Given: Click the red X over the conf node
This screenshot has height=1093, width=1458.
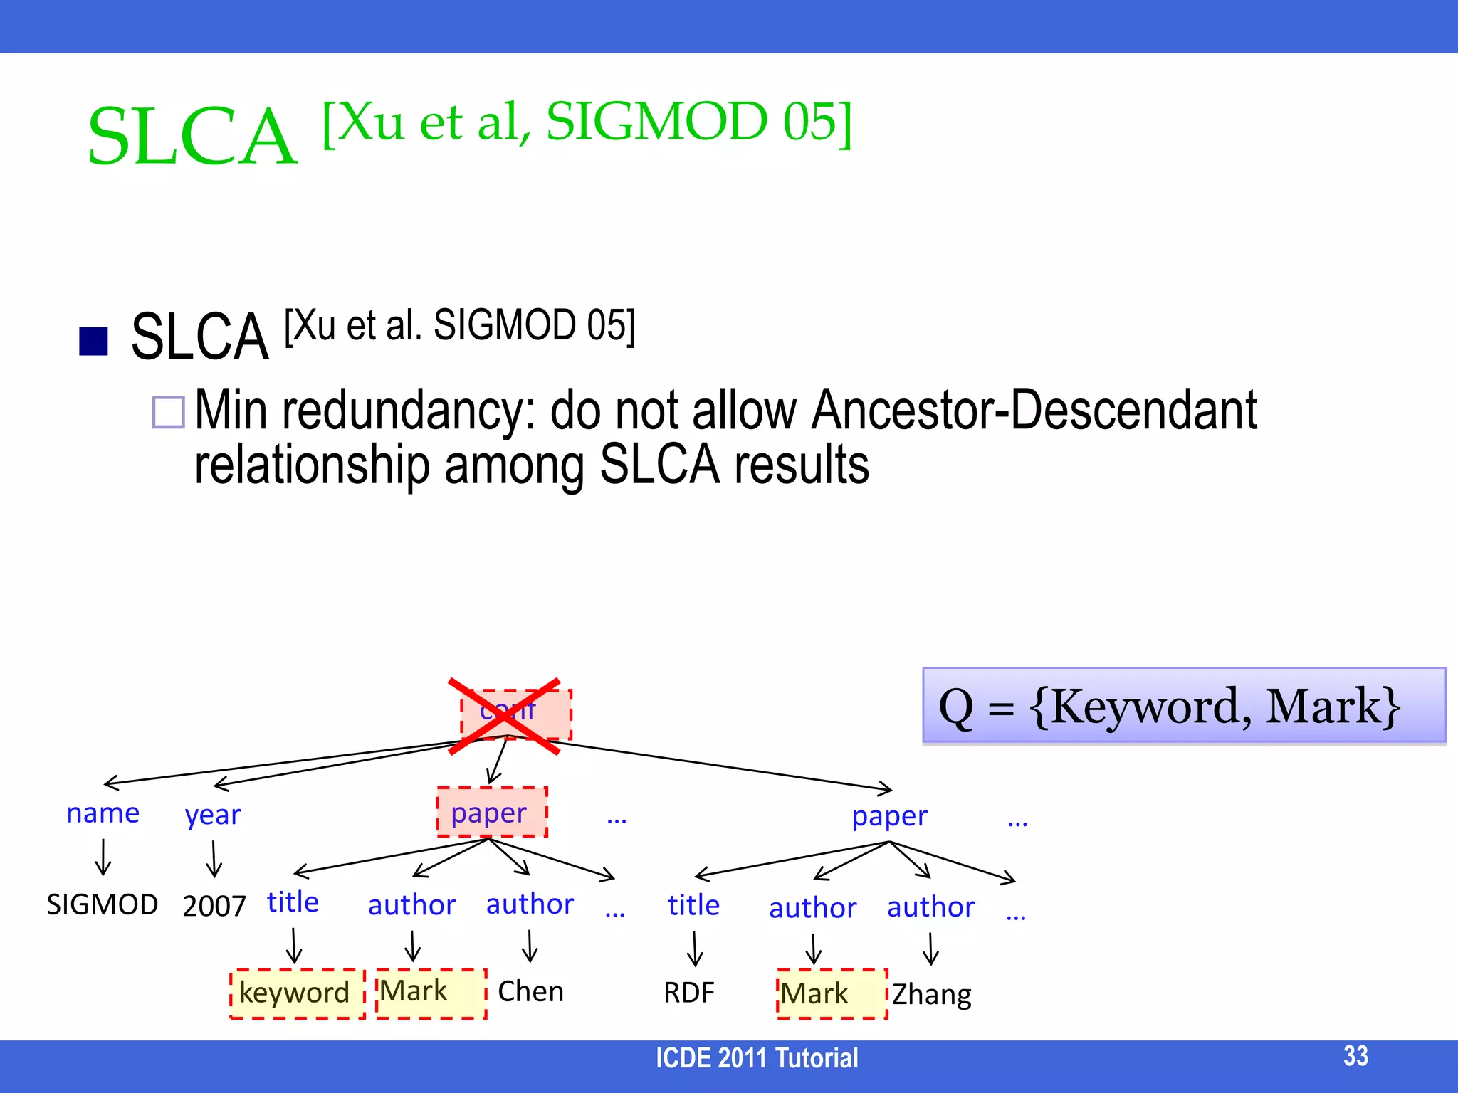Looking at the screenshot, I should point(504,715).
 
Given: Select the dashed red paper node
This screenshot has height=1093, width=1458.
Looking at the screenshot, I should point(491,812).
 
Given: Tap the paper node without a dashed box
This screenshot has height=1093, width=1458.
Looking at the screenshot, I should point(889,815).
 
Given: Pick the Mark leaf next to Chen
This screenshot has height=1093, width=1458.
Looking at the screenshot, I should point(430,992).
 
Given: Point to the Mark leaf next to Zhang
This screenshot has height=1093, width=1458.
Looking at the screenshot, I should point(831,993).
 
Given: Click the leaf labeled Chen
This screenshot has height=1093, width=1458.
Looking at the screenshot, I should point(530,991).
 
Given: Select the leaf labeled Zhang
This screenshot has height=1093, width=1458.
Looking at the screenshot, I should point(931,994).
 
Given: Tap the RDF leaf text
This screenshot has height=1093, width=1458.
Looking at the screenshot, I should point(688,993).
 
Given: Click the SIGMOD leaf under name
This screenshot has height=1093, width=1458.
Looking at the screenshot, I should point(102,904).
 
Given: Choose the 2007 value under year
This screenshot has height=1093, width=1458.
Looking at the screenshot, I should point(214,906).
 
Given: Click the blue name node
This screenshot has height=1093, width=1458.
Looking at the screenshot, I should point(103,813).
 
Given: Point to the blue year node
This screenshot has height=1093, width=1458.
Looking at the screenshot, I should point(212,815).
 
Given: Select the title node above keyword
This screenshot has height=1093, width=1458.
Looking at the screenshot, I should point(293,902).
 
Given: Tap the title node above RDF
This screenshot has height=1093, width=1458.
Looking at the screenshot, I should point(693,905).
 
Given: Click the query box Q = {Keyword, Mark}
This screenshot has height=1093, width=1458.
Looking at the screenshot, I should point(1183,706).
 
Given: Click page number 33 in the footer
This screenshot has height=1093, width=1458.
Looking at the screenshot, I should point(1355,1056).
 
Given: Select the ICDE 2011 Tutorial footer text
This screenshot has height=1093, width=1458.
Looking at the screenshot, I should point(756,1058).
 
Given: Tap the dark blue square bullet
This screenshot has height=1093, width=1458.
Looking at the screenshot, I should point(93,341).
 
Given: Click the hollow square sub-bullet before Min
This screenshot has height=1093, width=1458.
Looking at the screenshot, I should point(169,411).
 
